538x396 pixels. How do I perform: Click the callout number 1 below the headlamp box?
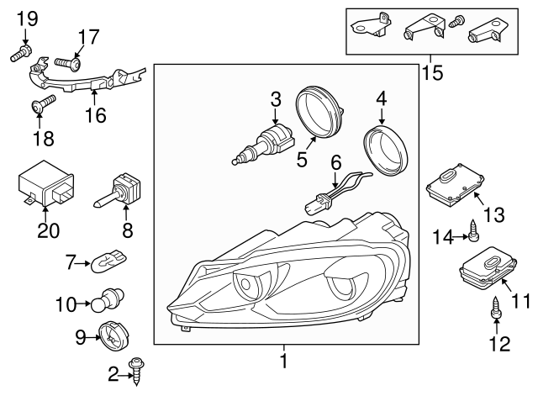[x=283, y=363]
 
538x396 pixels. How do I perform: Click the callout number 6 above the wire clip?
[x=335, y=161]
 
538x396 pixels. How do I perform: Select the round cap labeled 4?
[x=388, y=150]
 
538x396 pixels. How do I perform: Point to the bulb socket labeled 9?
[x=110, y=336]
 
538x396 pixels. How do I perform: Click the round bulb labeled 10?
[x=112, y=300]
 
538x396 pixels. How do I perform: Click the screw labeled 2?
[x=134, y=367]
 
